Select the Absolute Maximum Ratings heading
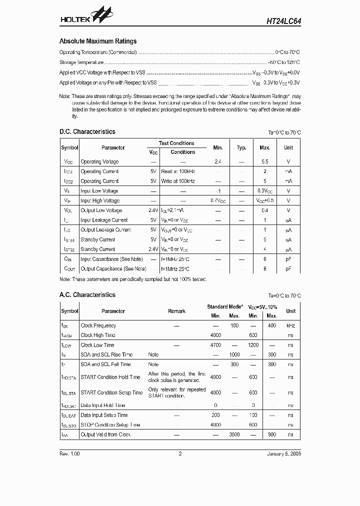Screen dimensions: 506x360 98,41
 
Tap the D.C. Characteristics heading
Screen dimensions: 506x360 87,132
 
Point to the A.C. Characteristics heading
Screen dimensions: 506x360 87,295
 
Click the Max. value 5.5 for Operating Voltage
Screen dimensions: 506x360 264,162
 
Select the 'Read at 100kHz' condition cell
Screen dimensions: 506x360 178,171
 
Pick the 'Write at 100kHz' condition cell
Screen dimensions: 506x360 178,181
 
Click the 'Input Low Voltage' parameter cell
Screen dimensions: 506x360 99,191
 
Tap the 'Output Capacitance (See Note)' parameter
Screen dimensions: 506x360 111,269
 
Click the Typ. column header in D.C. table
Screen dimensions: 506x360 241,148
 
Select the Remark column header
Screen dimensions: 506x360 176,311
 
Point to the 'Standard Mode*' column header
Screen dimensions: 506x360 225,306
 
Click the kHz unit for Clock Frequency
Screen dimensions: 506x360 290,325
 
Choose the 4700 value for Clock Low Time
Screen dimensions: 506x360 215,345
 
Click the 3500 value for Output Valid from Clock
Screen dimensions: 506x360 234,434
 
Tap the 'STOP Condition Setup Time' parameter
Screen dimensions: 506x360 110,425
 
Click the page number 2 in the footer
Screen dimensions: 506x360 180,454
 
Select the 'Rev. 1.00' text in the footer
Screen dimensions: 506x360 69,454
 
